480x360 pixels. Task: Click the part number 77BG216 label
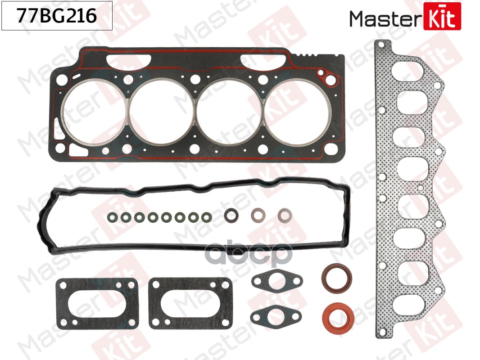tap(56, 17)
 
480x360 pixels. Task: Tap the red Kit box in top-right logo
tap(442, 17)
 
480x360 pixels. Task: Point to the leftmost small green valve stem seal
tap(112, 217)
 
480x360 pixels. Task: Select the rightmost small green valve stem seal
tap(206, 217)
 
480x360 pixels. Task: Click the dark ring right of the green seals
tap(231, 215)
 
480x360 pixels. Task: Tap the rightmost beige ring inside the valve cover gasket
tap(284, 215)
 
